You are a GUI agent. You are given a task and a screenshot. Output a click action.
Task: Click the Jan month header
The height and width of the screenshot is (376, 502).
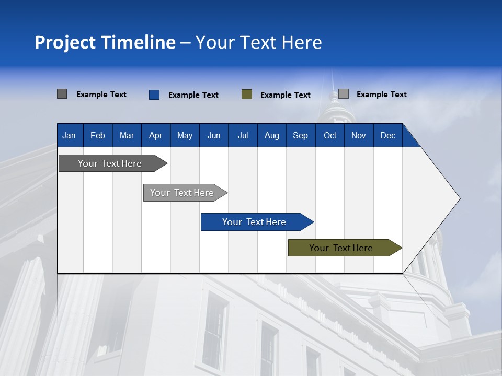pyautogui.click(x=69, y=135)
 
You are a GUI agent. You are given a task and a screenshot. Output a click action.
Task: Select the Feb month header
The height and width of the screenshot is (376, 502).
pyautogui.click(x=98, y=135)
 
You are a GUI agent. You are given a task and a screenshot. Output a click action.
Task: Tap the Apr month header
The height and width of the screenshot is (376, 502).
pyautogui.click(x=155, y=135)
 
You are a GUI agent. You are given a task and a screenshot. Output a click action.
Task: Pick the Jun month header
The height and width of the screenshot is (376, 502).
pyautogui.click(x=214, y=135)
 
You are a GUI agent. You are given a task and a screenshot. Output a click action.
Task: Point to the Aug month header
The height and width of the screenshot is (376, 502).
pyautogui.click(x=271, y=135)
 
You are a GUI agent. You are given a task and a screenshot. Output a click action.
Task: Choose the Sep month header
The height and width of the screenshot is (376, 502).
pyautogui.click(x=300, y=135)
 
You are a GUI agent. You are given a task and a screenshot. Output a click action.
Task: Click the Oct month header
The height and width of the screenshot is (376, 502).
pyautogui.click(x=330, y=135)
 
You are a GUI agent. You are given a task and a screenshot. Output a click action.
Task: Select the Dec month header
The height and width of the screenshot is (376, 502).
pyautogui.click(x=387, y=135)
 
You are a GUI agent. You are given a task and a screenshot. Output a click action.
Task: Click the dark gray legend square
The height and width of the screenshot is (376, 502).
pyautogui.click(x=62, y=94)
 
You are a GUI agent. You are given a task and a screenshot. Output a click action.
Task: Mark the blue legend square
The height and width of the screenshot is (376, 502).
pyautogui.click(x=154, y=95)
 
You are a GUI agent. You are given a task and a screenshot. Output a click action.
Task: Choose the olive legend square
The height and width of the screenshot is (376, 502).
pyautogui.click(x=247, y=95)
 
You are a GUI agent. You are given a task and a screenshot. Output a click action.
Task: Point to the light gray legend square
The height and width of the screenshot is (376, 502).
pyautogui.click(x=344, y=94)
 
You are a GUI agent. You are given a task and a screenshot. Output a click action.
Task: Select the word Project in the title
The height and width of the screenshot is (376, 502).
pyautogui.click(x=64, y=42)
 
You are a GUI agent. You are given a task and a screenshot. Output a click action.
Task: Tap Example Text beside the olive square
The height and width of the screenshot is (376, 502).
pyautogui.click(x=286, y=95)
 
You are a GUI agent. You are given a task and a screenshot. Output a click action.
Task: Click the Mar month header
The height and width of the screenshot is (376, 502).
pyautogui.click(x=127, y=135)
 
